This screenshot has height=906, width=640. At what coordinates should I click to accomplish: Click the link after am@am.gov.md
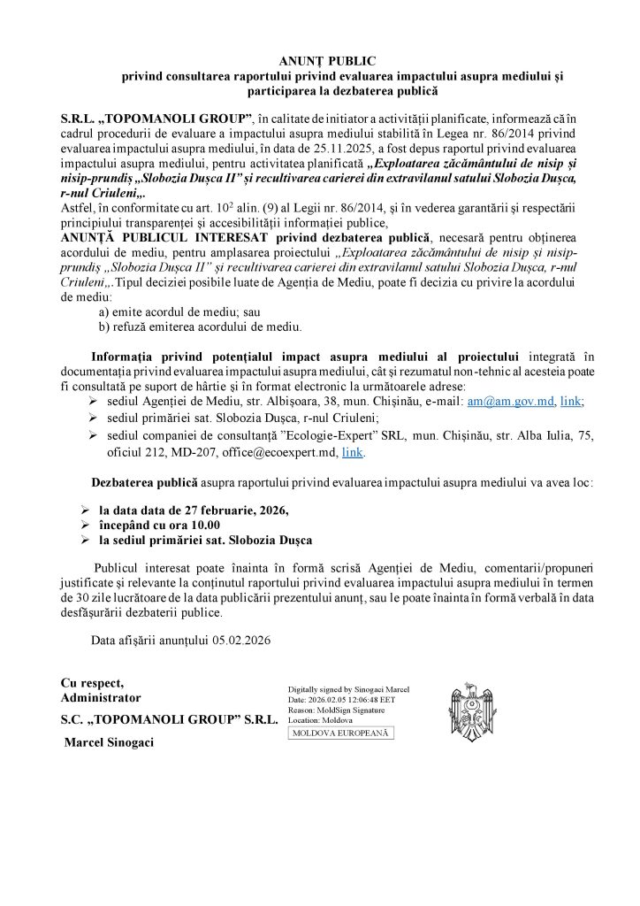[x=571, y=401]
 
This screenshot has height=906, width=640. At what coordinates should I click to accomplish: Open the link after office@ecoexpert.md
[x=352, y=451]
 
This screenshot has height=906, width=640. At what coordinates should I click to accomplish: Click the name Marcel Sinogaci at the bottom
[x=109, y=742]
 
